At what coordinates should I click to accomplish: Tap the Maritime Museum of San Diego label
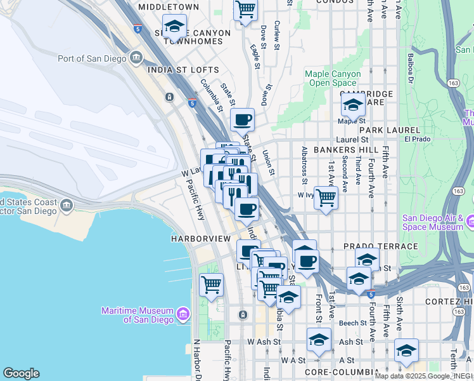pos(137,314)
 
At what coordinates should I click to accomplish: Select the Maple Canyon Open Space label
pos(333,78)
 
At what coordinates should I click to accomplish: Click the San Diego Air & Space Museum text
pos(433,222)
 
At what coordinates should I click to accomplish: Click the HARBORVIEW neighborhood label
pos(200,239)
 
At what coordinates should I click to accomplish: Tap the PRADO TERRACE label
pos(381,246)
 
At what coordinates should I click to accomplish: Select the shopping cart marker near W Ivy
pos(326,198)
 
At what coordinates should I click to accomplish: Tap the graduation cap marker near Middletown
pos(174,27)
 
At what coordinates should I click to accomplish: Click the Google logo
pos(21,373)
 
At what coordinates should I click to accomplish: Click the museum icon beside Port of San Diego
pos(137,59)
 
